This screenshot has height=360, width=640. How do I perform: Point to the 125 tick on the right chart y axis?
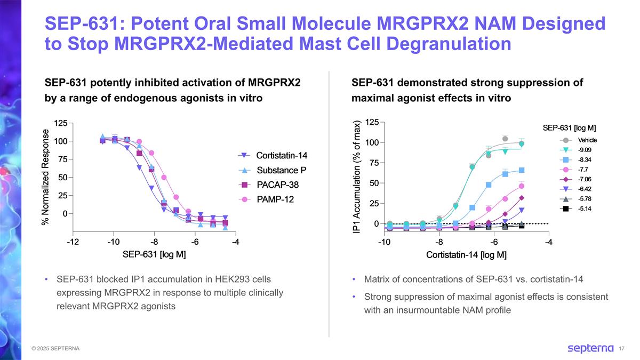370,122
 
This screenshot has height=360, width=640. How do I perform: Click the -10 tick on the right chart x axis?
383,243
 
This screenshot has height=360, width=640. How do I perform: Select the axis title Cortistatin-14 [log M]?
466,254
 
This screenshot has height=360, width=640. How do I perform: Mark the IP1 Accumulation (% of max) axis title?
357,176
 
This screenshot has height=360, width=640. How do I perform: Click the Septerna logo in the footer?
590,348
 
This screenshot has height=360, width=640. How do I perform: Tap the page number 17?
621,349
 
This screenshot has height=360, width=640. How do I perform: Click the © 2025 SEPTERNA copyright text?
55,349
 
